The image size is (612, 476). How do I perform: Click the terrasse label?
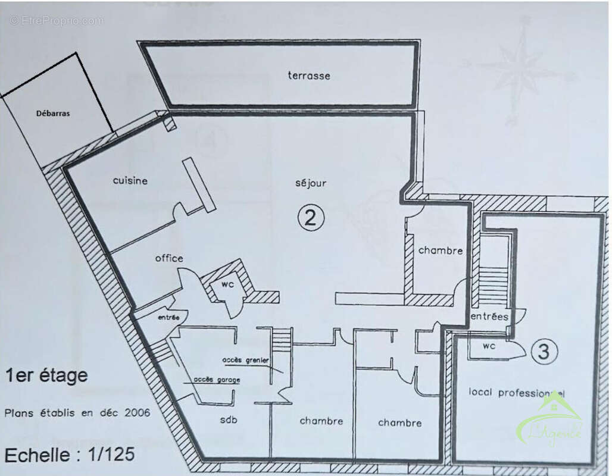click(x=308, y=76)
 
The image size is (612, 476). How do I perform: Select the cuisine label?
click(x=130, y=180)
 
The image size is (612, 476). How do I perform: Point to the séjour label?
click(x=310, y=183)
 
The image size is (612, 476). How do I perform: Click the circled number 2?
click(x=310, y=218)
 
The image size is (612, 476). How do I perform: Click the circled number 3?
click(x=543, y=352)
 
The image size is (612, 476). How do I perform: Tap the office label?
click(x=169, y=258)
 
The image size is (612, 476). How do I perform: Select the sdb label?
click(x=229, y=420)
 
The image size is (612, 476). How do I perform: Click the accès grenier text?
click(x=246, y=360)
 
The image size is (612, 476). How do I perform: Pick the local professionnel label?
click(x=516, y=393)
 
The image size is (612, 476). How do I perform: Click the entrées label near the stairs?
click(x=489, y=317)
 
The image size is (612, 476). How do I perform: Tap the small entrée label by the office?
click(x=169, y=318)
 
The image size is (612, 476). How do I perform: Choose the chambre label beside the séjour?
click(x=440, y=250)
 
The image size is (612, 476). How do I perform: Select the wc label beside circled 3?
click(x=489, y=346)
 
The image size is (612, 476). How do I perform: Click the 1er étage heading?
click(x=46, y=375)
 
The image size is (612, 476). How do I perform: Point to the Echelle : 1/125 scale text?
click(x=70, y=455)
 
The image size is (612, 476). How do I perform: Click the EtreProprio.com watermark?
click(x=57, y=20)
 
